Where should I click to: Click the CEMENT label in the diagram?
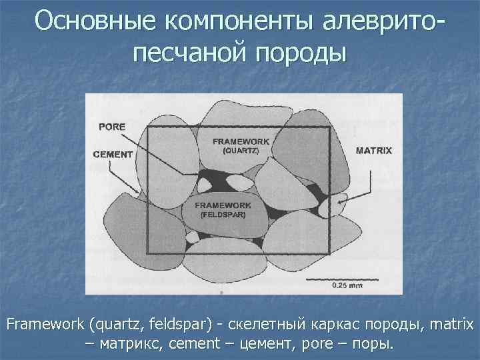(113, 155)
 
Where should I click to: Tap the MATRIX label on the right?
(374, 151)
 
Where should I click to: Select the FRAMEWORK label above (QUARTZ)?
(241, 142)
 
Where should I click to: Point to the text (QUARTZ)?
(241, 151)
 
